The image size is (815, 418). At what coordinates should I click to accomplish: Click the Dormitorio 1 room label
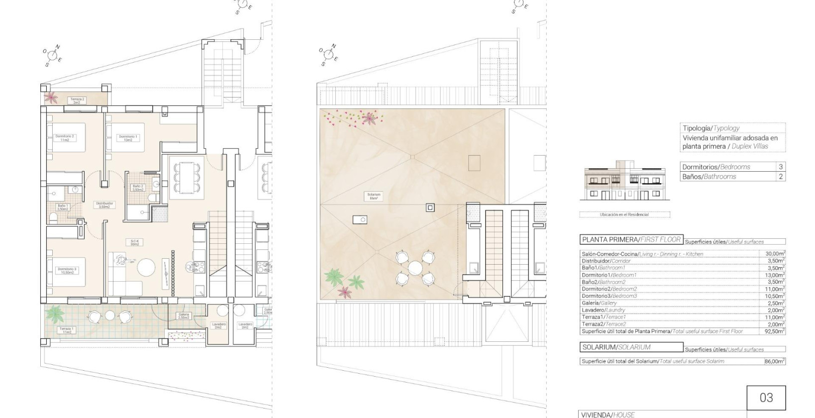(128, 138)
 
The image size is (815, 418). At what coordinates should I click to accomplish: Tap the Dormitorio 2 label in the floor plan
(65, 138)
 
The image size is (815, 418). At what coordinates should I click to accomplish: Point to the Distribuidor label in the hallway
(104, 205)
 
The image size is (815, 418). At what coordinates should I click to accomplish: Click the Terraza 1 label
(66, 330)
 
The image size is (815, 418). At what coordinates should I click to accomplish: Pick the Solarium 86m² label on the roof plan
(374, 196)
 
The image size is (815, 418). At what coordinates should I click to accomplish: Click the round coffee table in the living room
(146, 268)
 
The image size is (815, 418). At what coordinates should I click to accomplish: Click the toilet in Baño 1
(53, 218)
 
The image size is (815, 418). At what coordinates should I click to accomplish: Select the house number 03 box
(766, 398)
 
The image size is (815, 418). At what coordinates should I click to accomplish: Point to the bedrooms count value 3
(780, 167)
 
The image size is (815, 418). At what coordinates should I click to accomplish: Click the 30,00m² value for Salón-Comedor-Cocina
(775, 254)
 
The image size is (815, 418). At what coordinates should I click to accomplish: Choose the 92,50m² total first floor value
(775, 331)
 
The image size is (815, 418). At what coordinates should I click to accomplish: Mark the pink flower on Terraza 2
(50, 97)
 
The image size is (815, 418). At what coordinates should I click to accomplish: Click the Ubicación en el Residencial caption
(624, 214)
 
